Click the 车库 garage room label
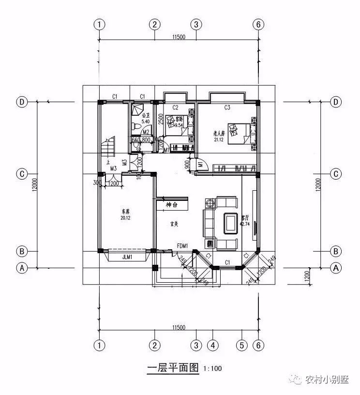pos(126,212)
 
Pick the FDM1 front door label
pos(182,245)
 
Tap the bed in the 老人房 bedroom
pos(242,132)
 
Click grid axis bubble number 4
pos(213,346)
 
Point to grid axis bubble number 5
pos(242,346)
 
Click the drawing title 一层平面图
pos(173,368)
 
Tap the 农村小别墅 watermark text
pos(327,380)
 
